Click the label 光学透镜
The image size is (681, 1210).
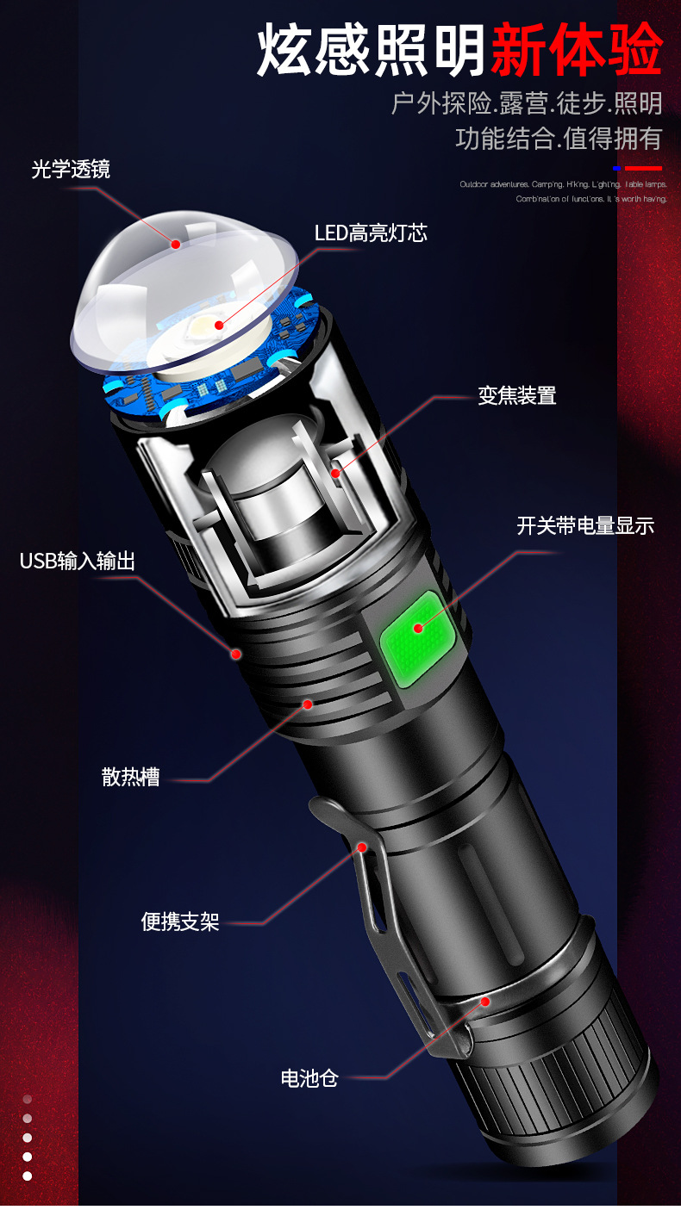click(71, 169)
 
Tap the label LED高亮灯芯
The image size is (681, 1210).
click(371, 233)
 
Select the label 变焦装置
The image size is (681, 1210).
click(517, 395)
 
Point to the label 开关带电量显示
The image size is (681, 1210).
click(585, 525)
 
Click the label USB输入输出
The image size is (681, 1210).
click(78, 562)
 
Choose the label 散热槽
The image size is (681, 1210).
click(130, 777)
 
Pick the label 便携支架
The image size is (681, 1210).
click(180, 922)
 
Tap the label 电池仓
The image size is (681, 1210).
click(309, 1077)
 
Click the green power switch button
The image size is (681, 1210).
click(418, 628)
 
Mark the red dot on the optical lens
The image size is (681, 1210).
click(176, 245)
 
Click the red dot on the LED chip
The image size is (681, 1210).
click(220, 326)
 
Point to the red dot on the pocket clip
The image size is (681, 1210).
click(362, 847)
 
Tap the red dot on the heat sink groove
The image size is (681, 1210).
click(307, 704)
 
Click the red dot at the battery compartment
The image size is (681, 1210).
click(485, 1002)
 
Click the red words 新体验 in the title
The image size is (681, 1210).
click(576, 51)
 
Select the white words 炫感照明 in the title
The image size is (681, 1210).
click(372, 51)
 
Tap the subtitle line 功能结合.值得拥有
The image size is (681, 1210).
click(559, 139)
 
